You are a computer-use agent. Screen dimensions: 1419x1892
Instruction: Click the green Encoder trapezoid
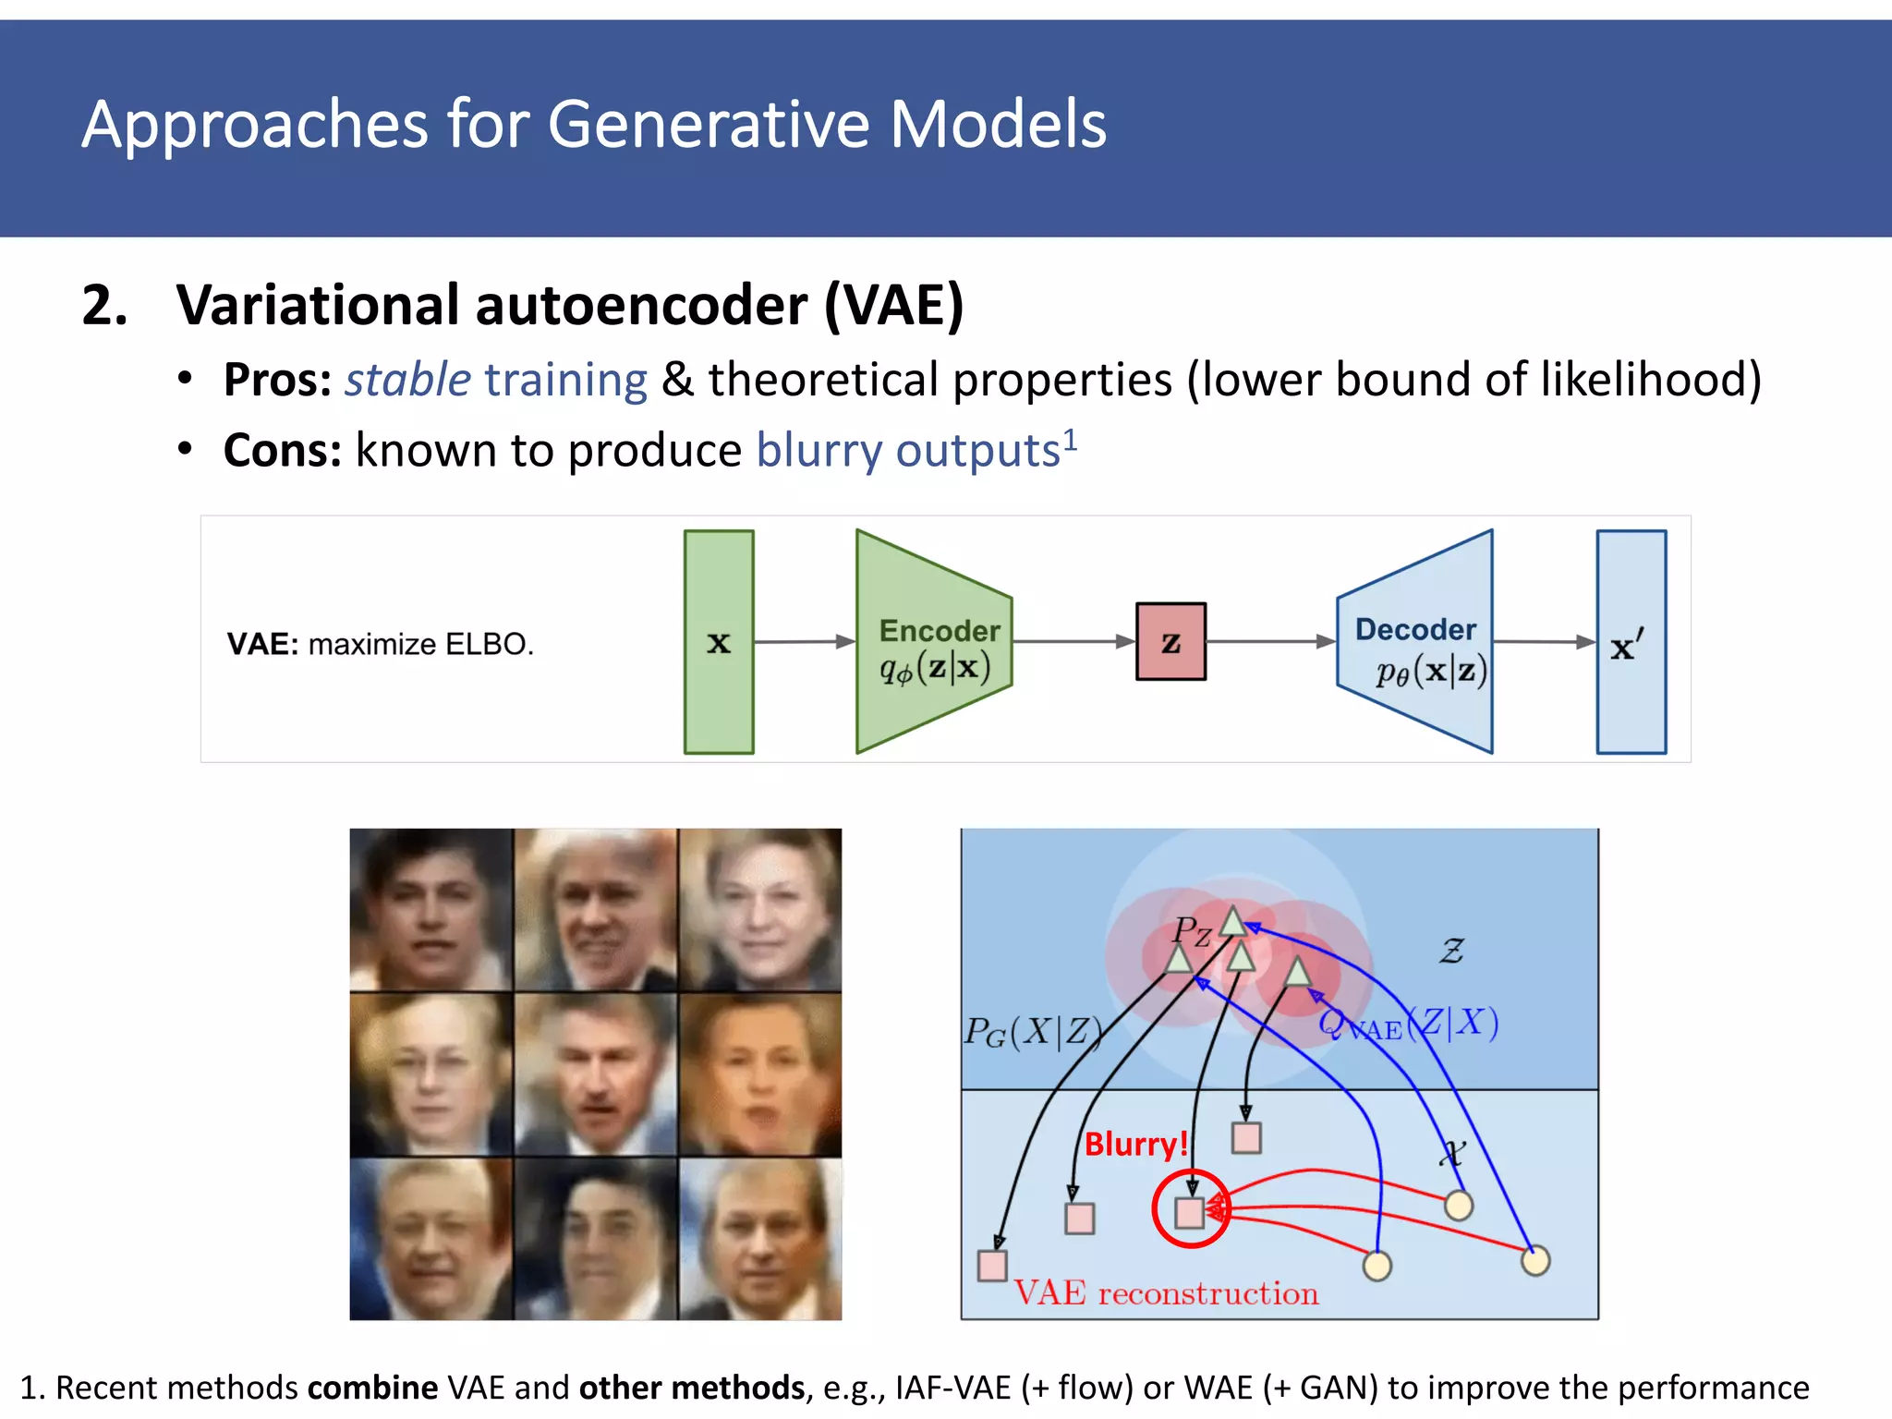click(933, 642)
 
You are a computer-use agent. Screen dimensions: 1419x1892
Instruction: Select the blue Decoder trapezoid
click(1418, 642)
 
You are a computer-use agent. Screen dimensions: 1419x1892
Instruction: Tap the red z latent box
click(1170, 642)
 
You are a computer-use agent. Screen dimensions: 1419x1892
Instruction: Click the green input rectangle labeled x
click(719, 642)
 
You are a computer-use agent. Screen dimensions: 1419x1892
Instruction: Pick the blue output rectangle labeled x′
click(1631, 642)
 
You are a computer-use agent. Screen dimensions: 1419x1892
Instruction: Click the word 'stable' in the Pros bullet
click(407, 380)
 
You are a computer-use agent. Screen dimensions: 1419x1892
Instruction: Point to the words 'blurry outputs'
click(908, 451)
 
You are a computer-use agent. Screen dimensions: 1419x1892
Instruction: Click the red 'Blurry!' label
click(1134, 1144)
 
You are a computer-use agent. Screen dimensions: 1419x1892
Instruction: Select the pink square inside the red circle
click(1190, 1212)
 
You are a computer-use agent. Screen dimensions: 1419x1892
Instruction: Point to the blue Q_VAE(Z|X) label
click(1408, 1024)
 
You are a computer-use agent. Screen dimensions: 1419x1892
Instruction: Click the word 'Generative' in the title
click(709, 124)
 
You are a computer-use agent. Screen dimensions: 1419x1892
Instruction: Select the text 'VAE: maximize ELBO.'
click(381, 644)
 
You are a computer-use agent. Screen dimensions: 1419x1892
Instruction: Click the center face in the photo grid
click(596, 1074)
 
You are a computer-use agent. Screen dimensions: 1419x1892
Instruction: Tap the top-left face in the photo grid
click(431, 910)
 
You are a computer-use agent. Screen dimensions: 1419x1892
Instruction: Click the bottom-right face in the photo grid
click(760, 1238)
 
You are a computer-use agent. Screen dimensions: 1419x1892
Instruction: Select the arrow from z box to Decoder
click(1270, 641)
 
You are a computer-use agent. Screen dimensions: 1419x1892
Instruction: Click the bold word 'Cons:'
click(283, 451)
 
